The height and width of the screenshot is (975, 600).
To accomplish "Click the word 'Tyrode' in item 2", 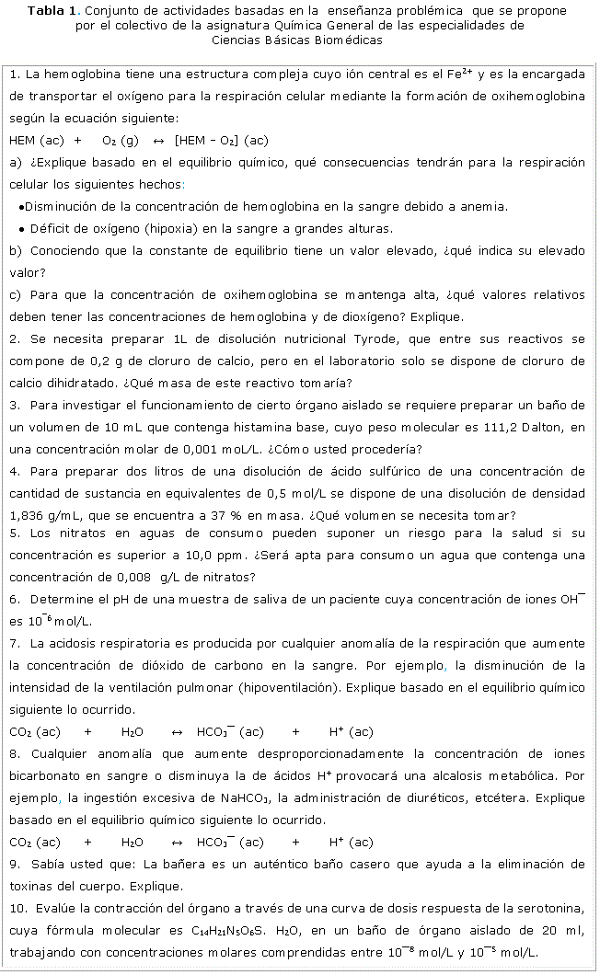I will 369,339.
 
